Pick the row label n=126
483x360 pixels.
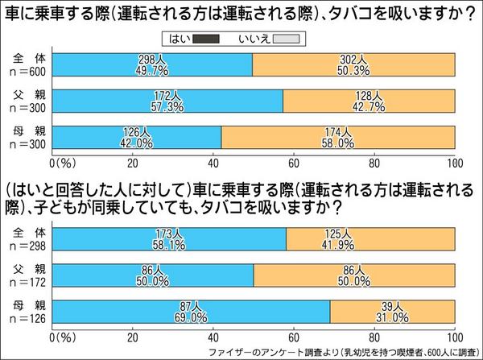(27, 317)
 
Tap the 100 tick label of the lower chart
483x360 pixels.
(455, 336)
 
